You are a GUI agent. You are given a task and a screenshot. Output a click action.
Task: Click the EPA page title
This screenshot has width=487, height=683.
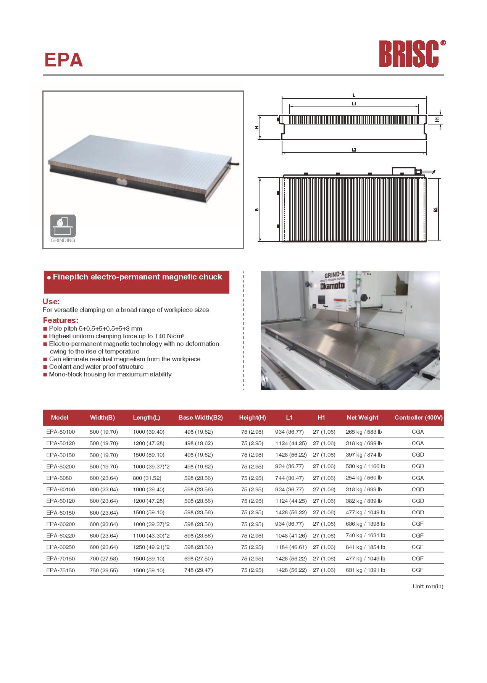tap(63, 60)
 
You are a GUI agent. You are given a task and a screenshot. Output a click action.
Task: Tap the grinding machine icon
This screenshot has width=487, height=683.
tap(63, 226)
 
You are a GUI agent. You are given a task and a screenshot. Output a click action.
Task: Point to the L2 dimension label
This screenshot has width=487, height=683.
tap(354, 150)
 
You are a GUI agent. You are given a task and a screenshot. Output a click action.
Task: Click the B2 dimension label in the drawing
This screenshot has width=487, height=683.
tap(435, 209)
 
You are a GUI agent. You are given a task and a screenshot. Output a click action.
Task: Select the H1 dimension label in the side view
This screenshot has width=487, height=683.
tap(437, 119)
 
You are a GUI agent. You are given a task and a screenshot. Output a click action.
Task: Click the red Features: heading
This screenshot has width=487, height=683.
tap(60, 320)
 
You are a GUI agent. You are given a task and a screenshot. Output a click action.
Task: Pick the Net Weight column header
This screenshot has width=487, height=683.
tap(362, 417)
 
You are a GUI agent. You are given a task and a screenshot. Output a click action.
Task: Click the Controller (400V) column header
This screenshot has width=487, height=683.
tap(418, 417)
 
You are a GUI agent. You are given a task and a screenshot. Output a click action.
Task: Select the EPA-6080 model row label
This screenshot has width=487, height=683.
tap(59, 478)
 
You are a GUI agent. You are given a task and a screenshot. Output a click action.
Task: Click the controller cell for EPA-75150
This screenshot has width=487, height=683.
tap(418, 570)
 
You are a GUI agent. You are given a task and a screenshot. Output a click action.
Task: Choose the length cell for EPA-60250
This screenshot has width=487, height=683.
tap(151, 547)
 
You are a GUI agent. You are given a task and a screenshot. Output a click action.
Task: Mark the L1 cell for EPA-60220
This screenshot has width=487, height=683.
tap(289, 535)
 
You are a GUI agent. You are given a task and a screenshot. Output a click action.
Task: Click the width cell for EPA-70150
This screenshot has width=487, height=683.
tap(103, 558)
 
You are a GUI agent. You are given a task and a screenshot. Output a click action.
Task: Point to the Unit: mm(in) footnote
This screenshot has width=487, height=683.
tap(427, 586)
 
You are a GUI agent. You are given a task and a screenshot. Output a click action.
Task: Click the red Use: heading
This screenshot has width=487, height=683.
tap(51, 301)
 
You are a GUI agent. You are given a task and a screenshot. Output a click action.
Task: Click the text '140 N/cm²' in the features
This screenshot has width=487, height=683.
tap(169, 336)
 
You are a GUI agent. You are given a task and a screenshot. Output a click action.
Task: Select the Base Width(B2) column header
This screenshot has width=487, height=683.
tap(200, 417)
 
